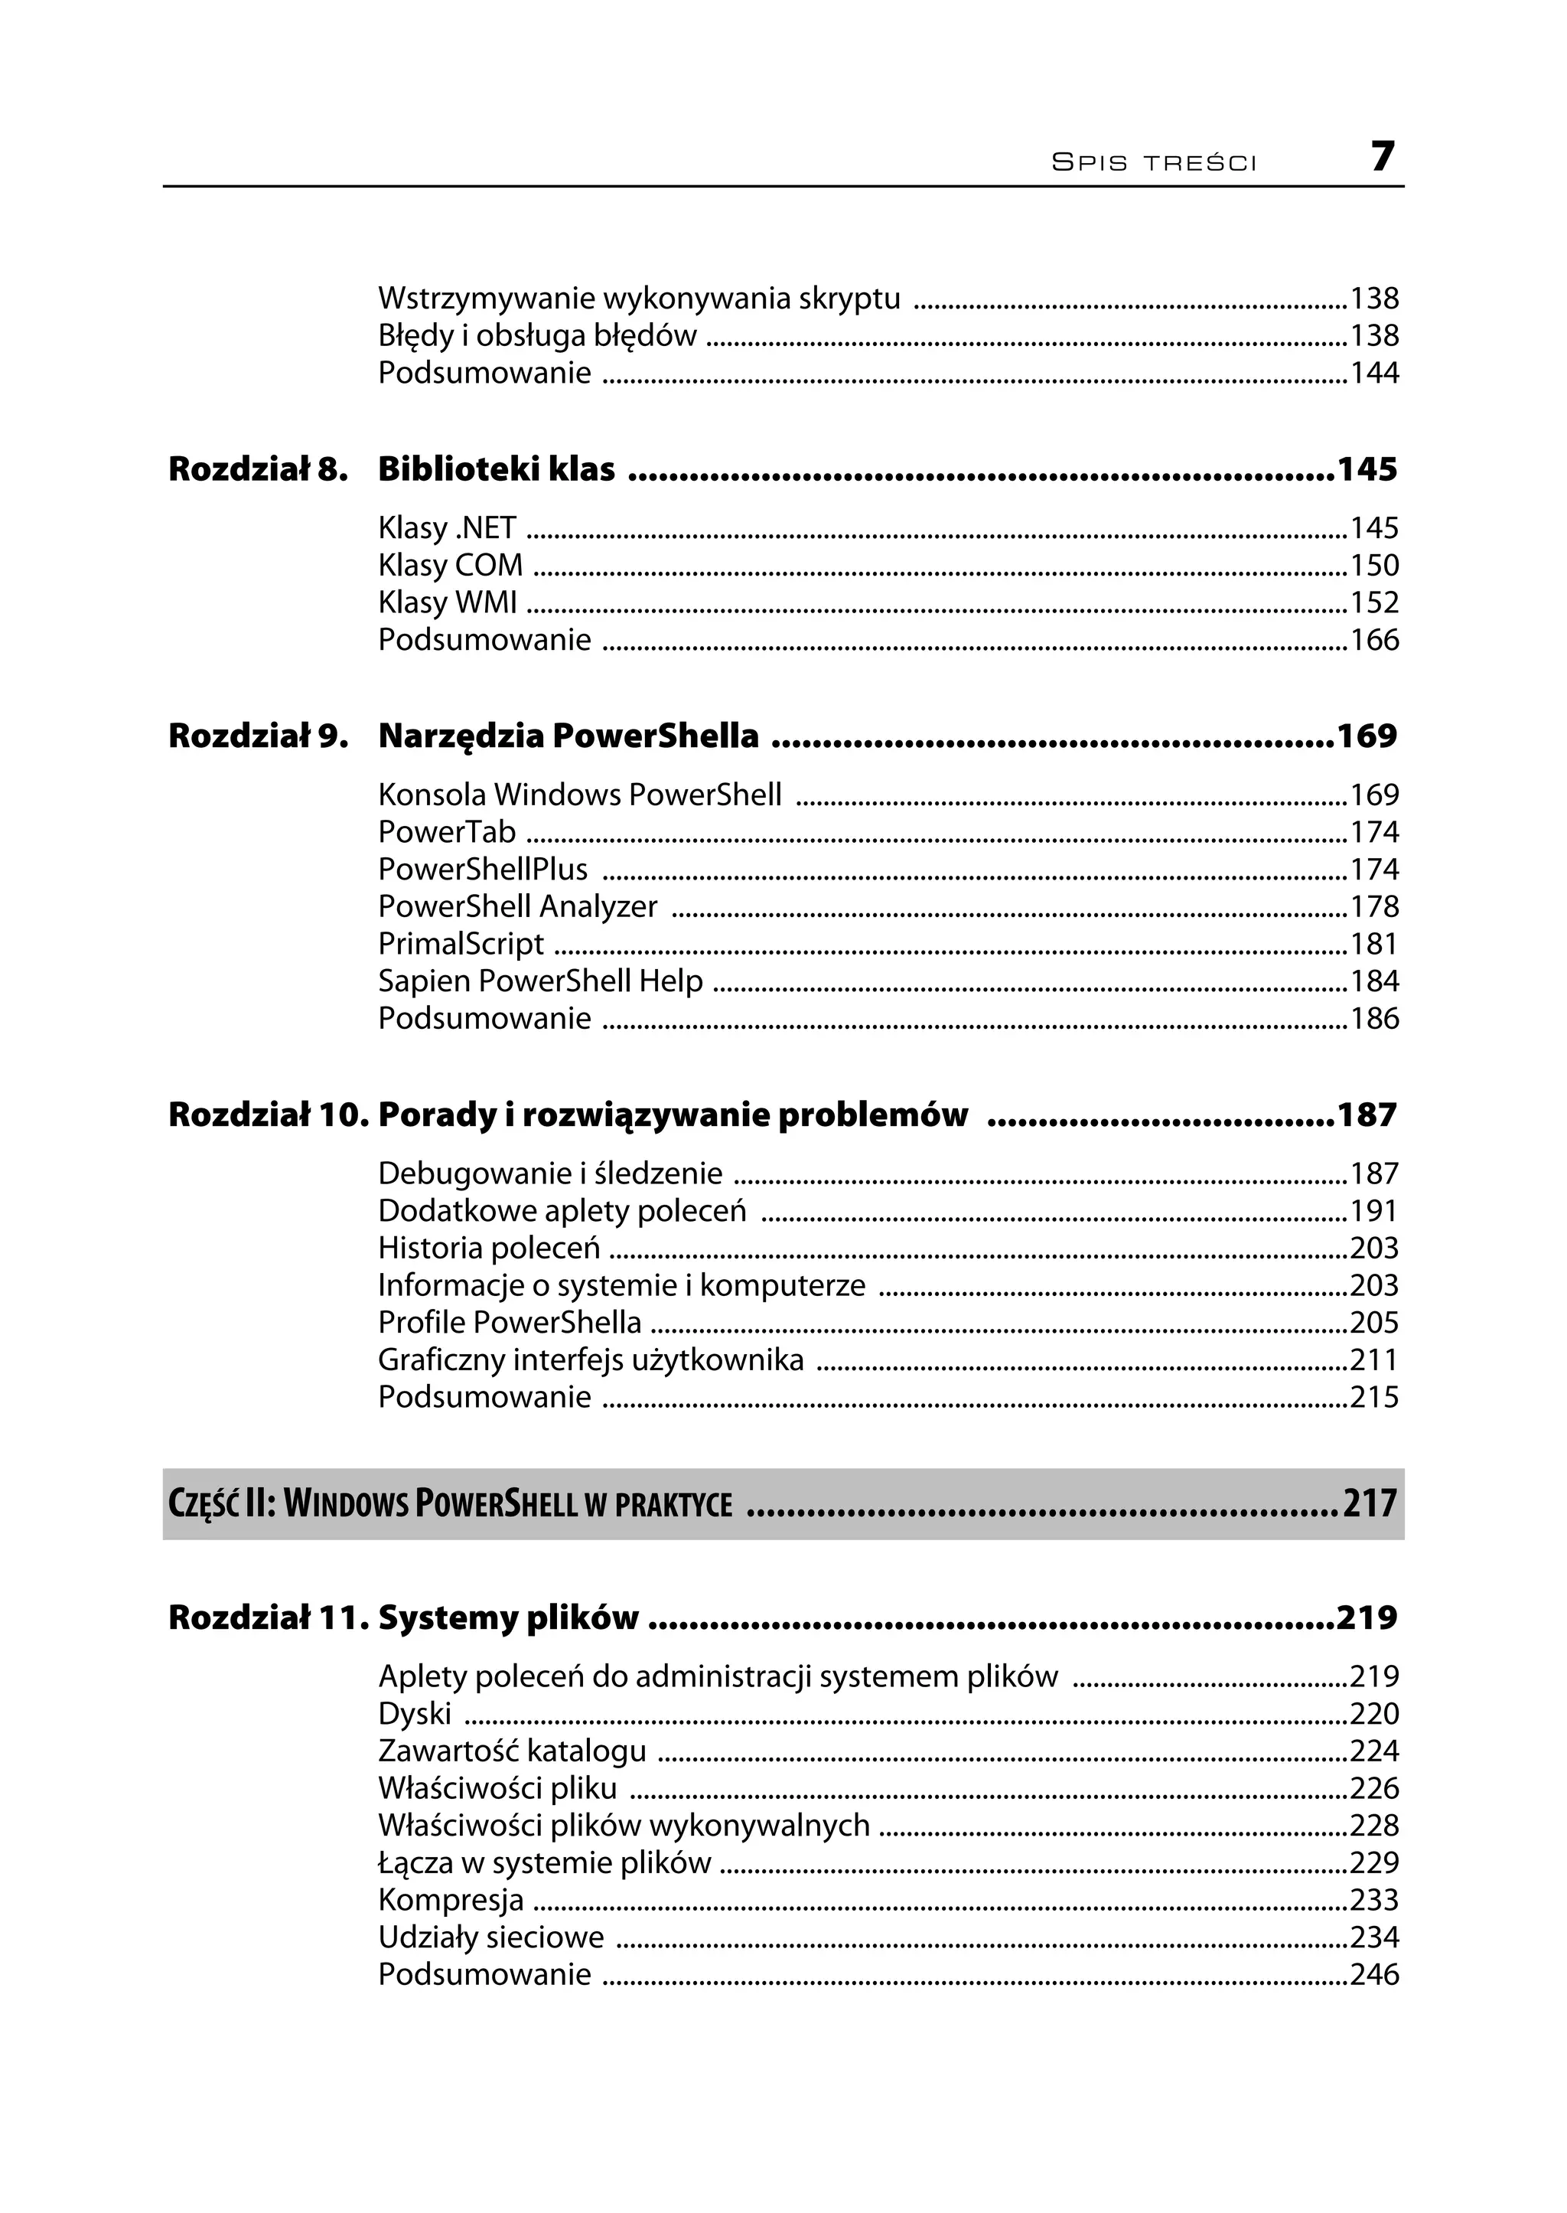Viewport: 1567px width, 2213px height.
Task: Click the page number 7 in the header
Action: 1382,156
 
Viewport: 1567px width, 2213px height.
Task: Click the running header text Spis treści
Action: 1154,162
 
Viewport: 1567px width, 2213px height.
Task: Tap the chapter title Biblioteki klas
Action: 496,469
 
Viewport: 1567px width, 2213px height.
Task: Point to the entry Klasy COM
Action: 450,565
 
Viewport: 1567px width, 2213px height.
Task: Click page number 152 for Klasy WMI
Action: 1373,602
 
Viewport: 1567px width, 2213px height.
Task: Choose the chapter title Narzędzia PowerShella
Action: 568,736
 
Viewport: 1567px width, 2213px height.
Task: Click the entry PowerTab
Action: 447,831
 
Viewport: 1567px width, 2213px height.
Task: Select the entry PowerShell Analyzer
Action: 517,906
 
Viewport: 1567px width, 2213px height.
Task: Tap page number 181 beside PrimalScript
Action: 1373,943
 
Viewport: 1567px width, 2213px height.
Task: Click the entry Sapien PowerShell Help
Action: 540,981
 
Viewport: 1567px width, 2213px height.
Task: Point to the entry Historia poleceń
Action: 488,1248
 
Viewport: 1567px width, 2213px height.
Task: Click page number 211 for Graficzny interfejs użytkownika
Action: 1373,1359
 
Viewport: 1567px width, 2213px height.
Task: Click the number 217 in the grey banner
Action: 1369,1503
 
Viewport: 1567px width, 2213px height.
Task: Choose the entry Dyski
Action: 415,1713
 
